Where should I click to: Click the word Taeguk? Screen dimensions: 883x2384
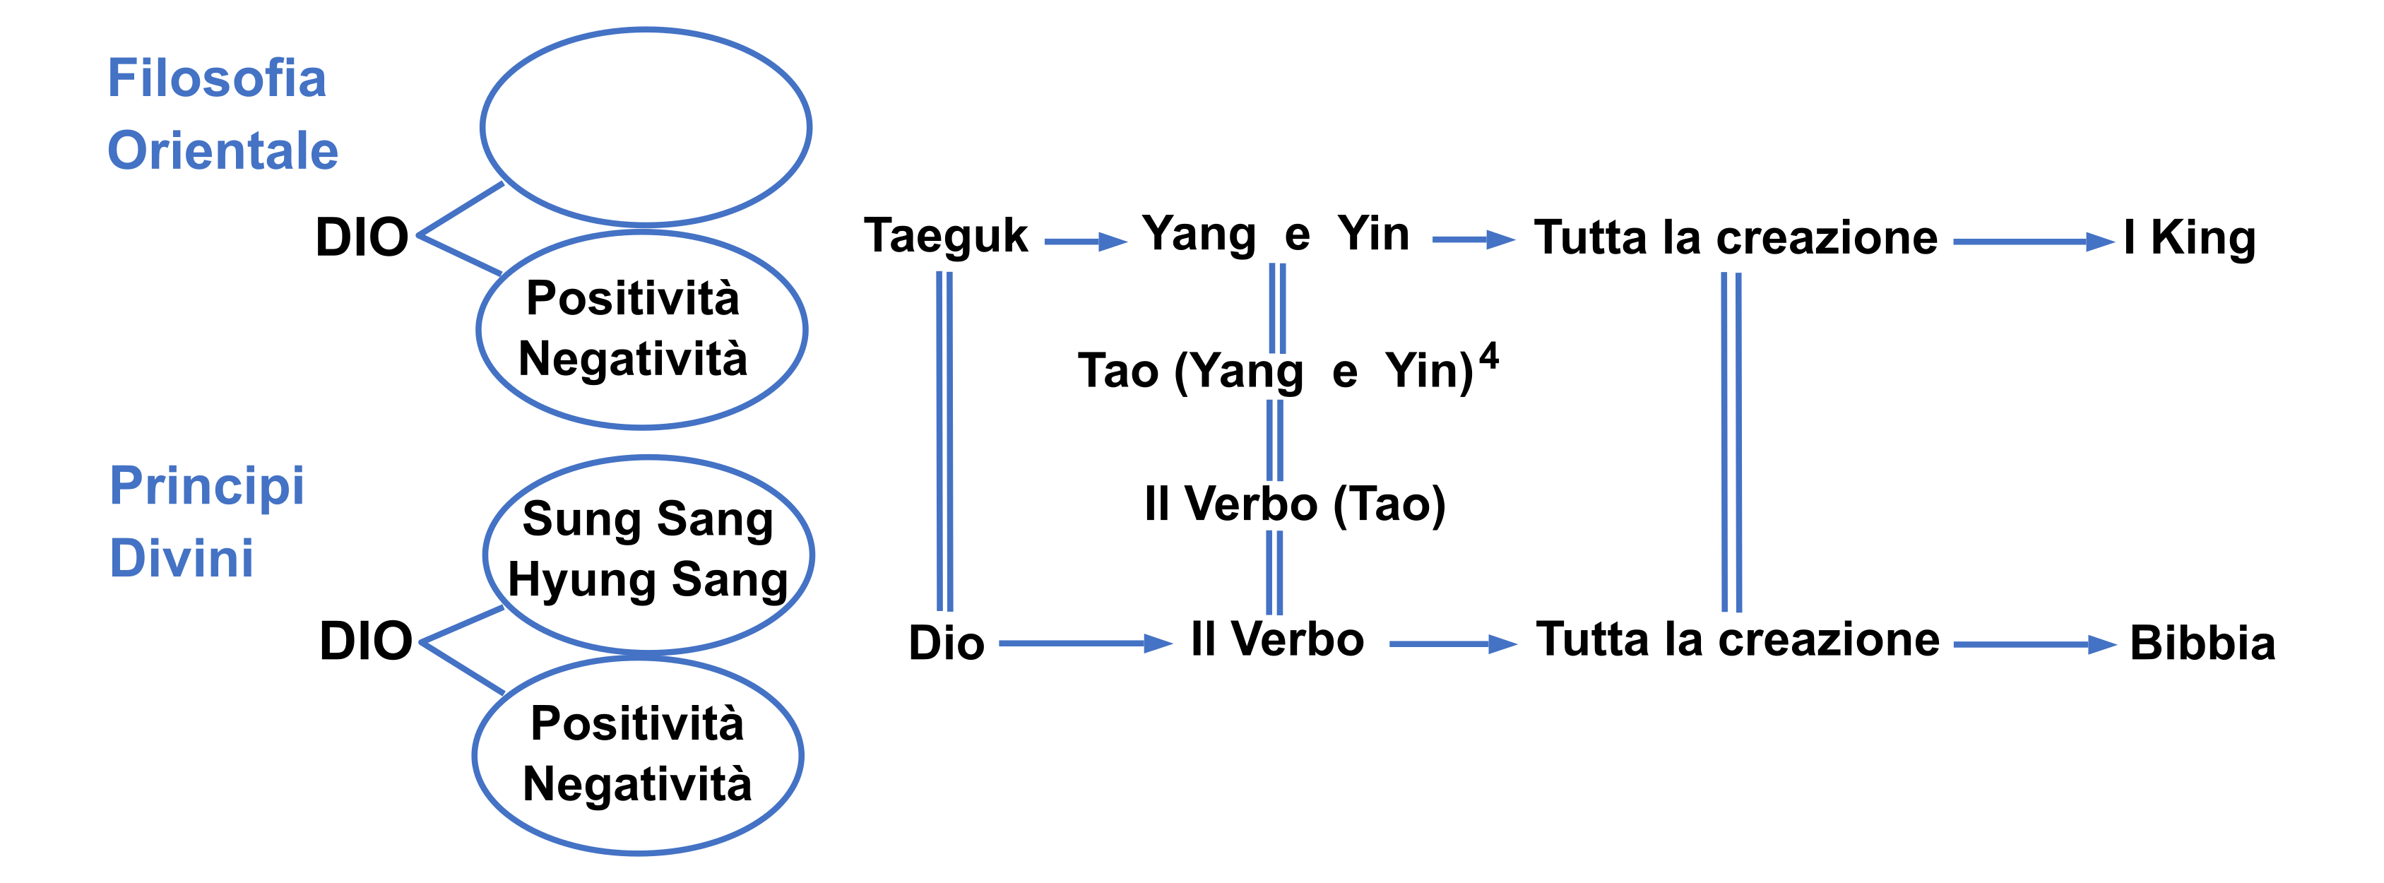(945, 236)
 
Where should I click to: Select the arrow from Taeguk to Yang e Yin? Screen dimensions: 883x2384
(1085, 242)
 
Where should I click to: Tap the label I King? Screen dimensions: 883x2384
(2190, 238)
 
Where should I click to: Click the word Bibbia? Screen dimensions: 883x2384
(2202, 644)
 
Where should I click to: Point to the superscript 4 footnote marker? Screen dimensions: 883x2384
(1488, 355)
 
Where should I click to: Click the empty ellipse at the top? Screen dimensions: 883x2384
(645, 127)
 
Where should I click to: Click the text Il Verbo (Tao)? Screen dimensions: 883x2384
(1294, 504)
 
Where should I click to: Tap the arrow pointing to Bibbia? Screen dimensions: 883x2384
(2034, 645)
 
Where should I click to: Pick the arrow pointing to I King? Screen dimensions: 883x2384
(2033, 242)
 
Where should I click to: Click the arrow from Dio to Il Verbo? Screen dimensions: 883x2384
(1085, 644)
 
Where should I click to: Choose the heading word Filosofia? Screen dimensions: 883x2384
(217, 78)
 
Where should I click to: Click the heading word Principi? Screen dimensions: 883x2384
(206, 485)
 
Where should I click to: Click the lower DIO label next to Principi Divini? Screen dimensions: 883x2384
(366, 641)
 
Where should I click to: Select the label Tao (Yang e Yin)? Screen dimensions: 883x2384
(1274, 370)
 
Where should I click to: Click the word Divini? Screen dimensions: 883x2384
(182, 558)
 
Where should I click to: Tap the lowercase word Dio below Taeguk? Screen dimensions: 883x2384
(946, 644)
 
